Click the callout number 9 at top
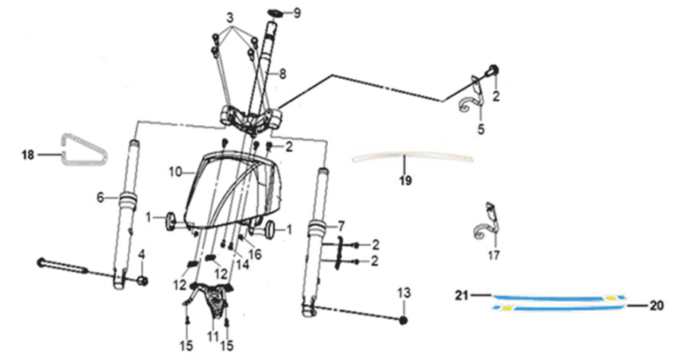297,13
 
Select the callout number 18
28,155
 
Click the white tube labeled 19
414,157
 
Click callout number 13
403,292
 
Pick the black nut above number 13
403,320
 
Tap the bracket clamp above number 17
487,222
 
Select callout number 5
481,129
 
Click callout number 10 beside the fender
174,172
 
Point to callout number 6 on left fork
100,197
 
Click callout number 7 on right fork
342,225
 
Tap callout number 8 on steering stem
282,73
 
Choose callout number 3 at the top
230,17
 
